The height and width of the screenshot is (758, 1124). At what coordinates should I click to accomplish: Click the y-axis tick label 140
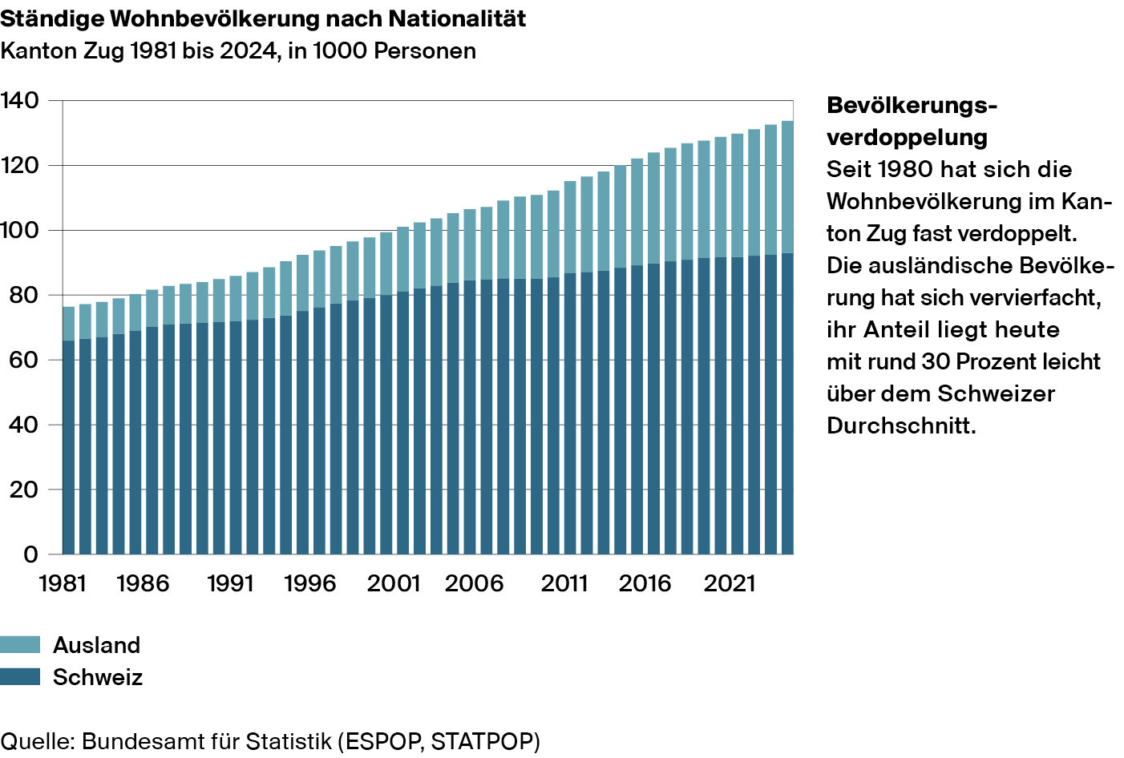20,100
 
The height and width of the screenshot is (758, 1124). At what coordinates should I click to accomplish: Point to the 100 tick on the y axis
20,230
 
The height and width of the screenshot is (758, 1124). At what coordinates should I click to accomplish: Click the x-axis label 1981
63,583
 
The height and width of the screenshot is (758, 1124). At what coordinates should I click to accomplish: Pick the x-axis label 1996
310,583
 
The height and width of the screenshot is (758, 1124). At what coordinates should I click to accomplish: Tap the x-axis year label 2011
564,583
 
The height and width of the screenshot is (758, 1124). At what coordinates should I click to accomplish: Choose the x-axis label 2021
730,583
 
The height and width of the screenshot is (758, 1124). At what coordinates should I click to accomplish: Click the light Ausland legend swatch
20,644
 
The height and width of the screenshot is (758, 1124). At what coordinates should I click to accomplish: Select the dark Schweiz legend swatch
20,676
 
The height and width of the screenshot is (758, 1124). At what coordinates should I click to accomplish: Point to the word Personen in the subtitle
425,50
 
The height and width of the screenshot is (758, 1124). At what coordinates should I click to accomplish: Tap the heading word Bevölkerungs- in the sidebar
912,105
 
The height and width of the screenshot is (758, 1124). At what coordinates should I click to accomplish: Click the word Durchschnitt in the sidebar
901,425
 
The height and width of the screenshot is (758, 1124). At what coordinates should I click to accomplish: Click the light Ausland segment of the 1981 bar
69,324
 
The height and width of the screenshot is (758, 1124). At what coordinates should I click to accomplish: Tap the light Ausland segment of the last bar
787,187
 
